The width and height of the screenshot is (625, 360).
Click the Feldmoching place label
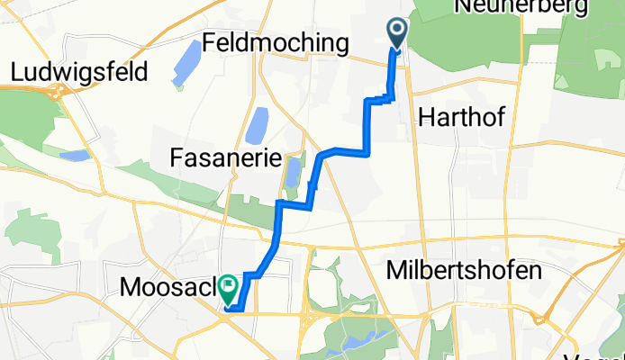pyautogui.click(x=276, y=42)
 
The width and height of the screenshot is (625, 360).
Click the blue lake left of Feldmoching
pyautogui.click(x=187, y=62)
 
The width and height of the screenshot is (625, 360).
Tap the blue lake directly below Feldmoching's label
pyautogui.click(x=258, y=124)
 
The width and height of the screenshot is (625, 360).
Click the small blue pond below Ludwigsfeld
pyautogui.click(x=75, y=155)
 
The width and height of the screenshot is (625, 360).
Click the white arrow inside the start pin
pyautogui.click(x=396, y=31)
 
